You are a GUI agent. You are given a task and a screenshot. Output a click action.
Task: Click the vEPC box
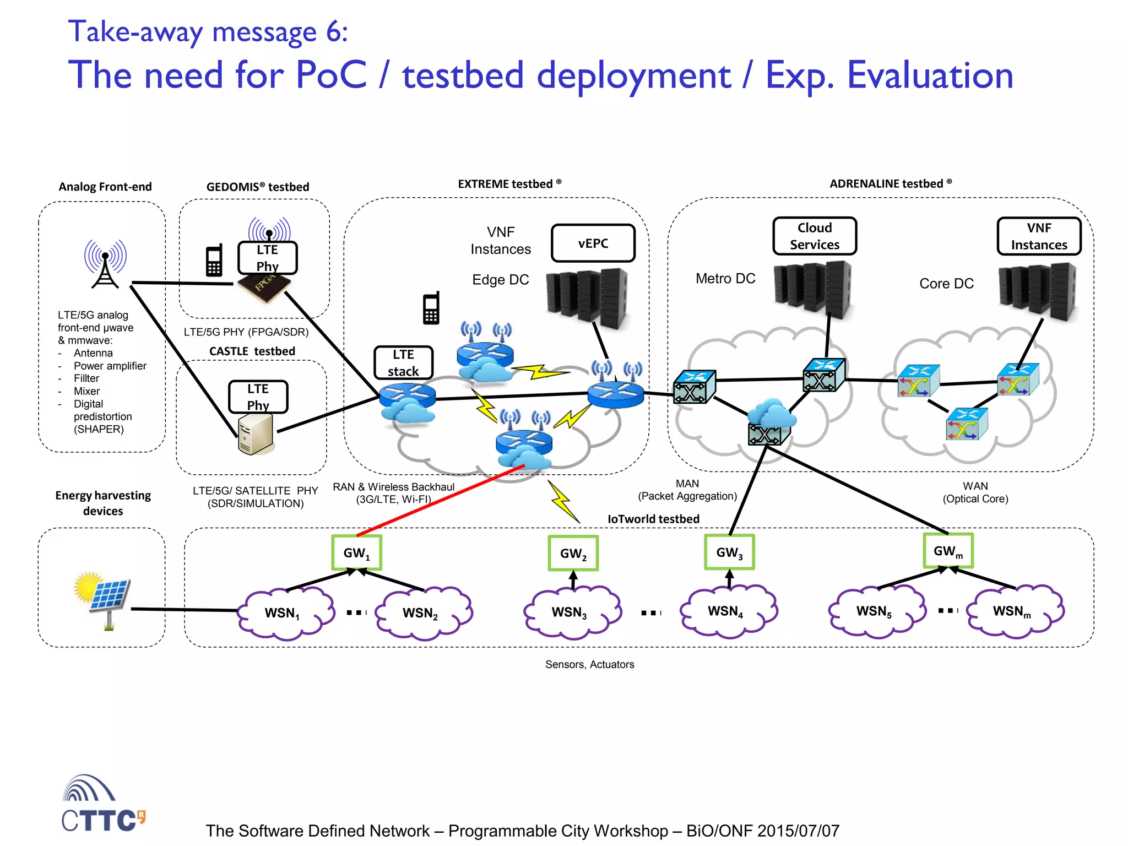pyautogui.click(x=593, y=243)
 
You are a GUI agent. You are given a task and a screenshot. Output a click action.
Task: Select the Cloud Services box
pyautogui.click(x=814, y=236)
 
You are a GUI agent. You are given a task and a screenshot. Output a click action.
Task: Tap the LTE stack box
pyautogui.click(x=403, y=362)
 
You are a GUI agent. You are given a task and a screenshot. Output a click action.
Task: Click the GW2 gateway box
pyautogui.click(x=573, y=553)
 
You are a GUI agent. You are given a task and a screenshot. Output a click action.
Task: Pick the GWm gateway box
pyautogui.click(x=948, y=551)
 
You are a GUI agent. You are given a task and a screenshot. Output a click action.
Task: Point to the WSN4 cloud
pyautogui.click(x=727, y=611)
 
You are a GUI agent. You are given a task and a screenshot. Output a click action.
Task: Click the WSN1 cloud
pyautogui.click(x=284, y=612)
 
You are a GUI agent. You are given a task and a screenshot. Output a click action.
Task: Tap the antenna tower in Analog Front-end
pyautogui.click(x=105, y=264)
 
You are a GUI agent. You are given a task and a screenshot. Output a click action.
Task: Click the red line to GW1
pyautogui.click(x=441, y=500)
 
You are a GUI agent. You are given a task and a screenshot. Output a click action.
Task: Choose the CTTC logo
pyautogui.click(x=103, y=804)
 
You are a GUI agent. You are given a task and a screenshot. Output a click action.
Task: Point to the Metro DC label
pyautogui.click(x=725, y=279)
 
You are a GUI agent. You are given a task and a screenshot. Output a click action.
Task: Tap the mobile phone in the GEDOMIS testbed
pyautogui.click(x=214, y=261)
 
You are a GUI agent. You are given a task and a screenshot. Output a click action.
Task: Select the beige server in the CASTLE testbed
pyautogui.click(x=256, y=434)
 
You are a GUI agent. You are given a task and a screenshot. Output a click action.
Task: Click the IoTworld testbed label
pyautogui.click(x=653, y=519)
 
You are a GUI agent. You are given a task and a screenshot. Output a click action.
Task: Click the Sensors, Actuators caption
pyautogui.click(x=589, y=664)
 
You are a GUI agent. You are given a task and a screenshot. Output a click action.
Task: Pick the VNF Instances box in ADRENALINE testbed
pyautogui.click(x=1038, y=236)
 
